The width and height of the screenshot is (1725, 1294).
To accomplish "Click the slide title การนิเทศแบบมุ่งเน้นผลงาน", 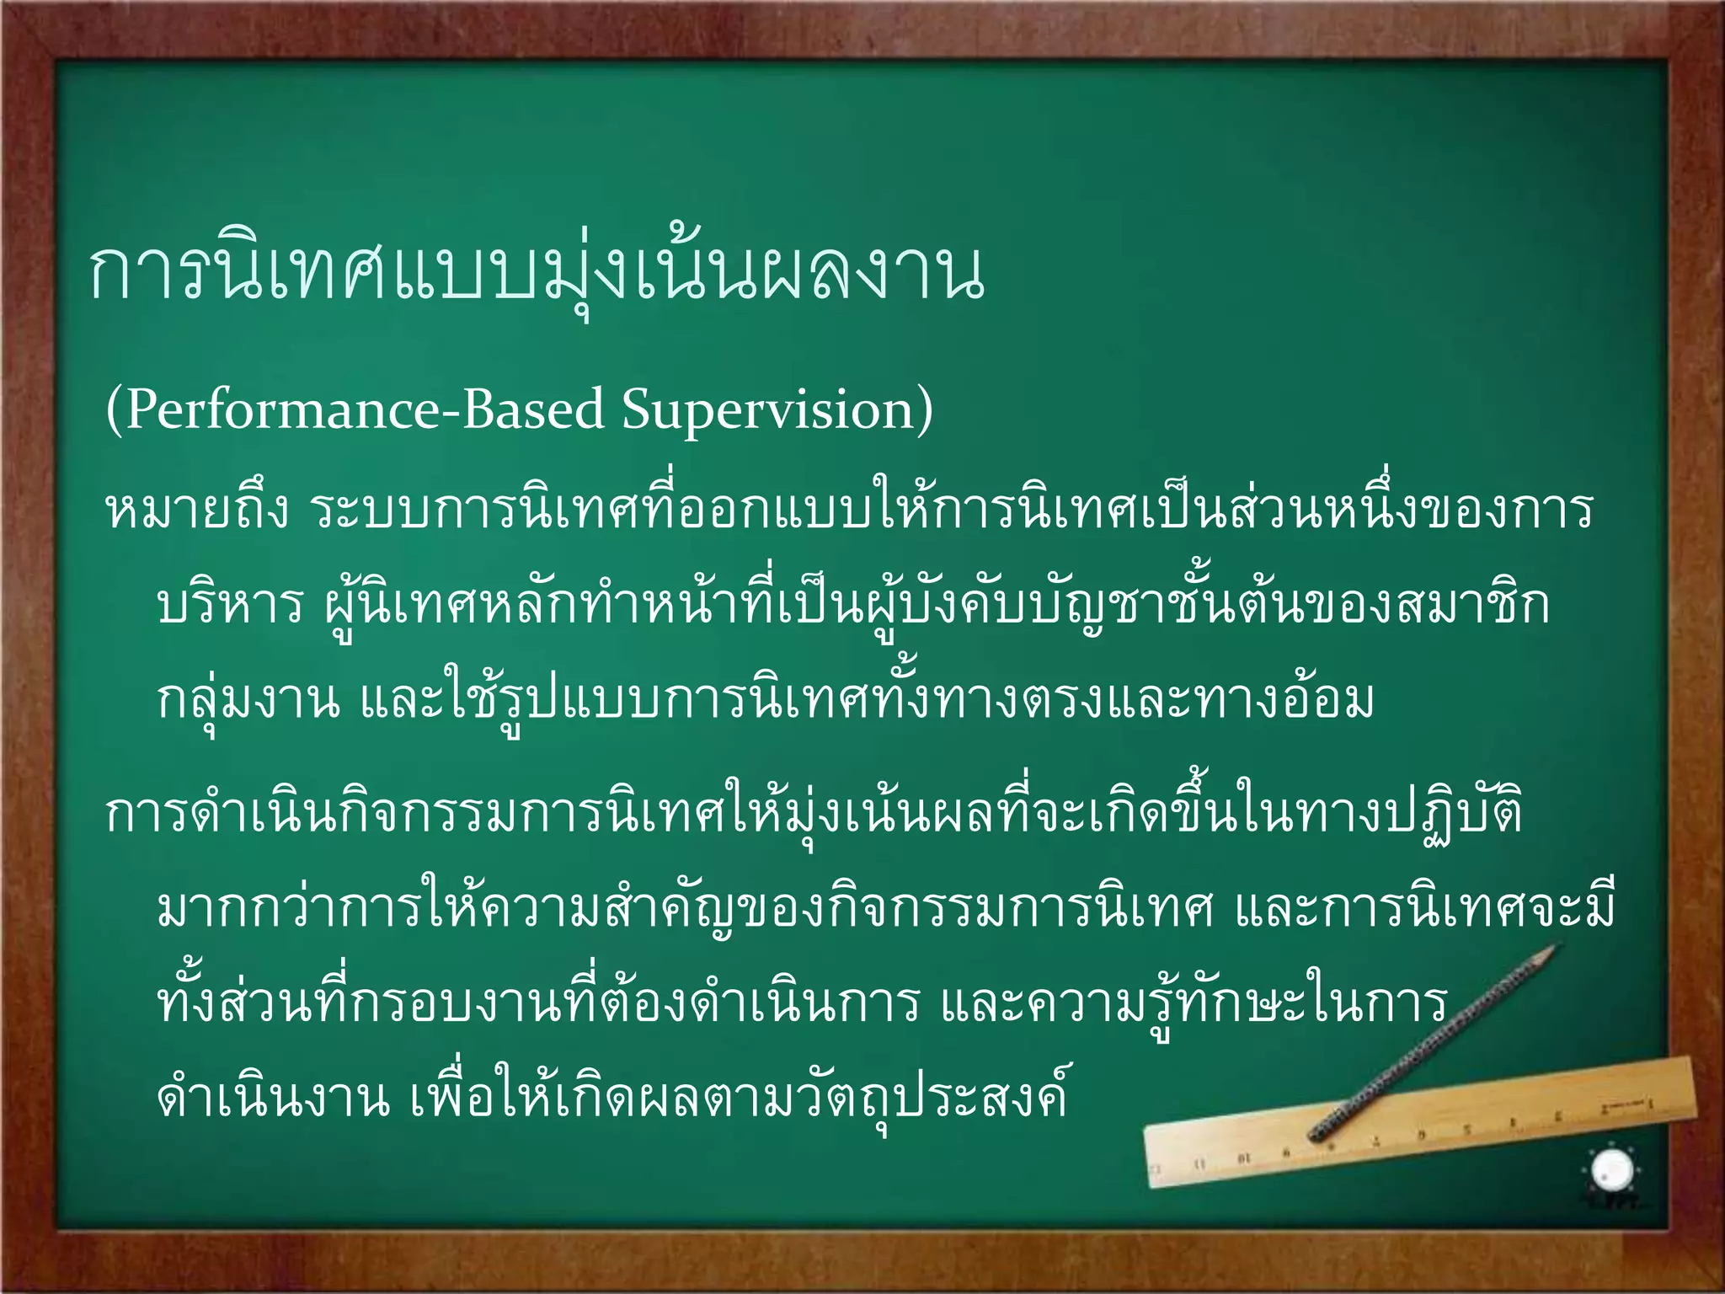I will pos(536,274).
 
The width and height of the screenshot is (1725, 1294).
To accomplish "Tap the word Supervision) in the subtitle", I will pos(777,410).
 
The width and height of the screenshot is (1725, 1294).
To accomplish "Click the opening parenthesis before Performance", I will pos(113,411).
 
